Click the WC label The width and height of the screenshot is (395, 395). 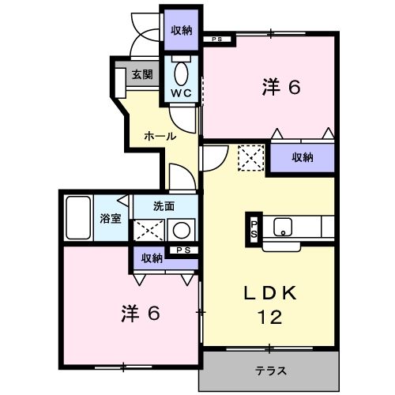point(181,93)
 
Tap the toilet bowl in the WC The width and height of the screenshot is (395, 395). point(181,73)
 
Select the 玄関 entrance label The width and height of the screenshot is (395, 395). point(142,74)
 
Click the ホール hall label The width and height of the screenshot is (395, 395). point(160,136)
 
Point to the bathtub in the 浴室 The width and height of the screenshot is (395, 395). point(78,218)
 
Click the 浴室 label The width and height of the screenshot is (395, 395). point(111,218)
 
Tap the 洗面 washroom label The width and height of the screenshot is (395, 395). point(164,206)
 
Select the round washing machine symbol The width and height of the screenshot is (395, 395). point(182,230)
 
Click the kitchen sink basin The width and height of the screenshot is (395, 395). point(283,227)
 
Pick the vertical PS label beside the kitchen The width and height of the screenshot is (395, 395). point(254,229)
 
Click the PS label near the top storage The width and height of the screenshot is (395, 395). point(217,39)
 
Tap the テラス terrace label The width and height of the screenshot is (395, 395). point(270,371)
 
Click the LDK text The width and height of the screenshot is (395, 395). point(270,293)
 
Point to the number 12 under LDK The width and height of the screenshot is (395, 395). point(270,317)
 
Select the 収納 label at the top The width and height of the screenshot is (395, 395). point(182,31)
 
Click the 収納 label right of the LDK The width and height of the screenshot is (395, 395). point(303,157)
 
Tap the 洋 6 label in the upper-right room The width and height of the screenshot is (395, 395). point(281,87)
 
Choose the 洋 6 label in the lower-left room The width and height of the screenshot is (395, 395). point(141,314)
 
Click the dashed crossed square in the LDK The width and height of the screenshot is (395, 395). point(251,158)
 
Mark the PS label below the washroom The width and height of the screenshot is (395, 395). point(183,250)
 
